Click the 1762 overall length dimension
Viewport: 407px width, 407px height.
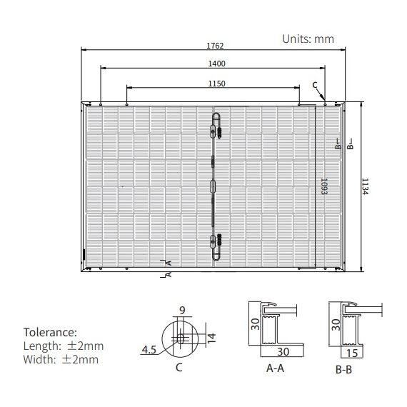[x=215, y=46]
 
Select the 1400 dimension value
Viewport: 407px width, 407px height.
[x=217, y=64]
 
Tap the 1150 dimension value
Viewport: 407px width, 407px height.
[x=217, y=84]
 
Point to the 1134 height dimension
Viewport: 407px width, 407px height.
[x=365, y=186]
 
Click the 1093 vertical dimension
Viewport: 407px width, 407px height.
[x=324, y=186]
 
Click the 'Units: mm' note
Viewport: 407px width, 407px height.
[x=308, y=39]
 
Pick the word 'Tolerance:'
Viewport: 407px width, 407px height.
[x=50, y=332]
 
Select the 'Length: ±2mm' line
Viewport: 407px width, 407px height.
[x=64, y=346]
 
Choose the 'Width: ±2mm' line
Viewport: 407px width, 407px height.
[x=61, y=360]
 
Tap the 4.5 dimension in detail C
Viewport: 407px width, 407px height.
[x=149, y=350]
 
